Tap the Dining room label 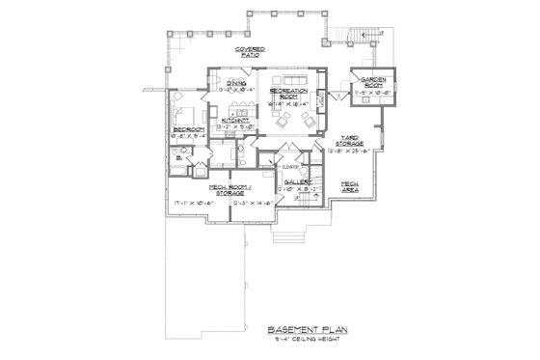pos(236,84)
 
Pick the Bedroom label pos(187,127)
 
